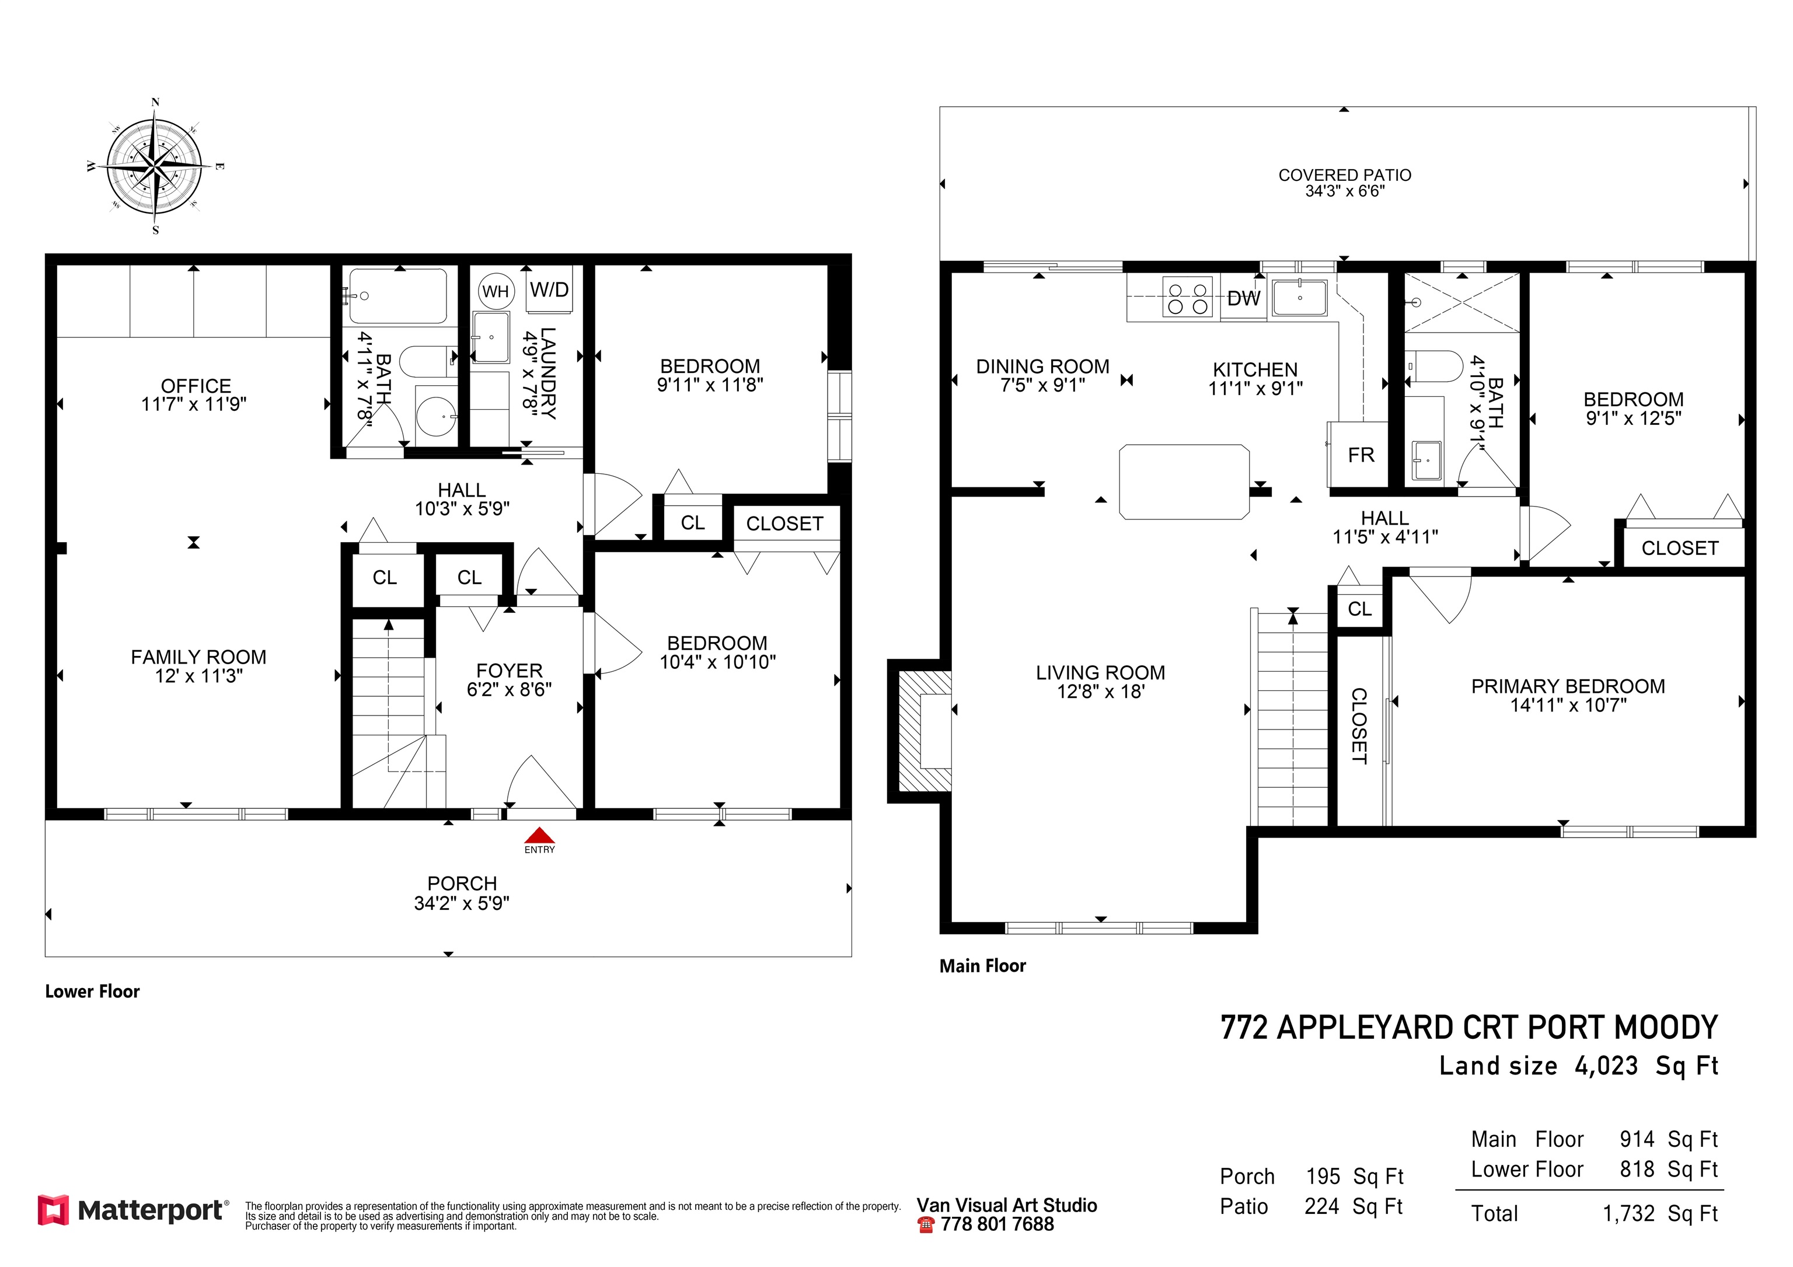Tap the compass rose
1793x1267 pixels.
pyautogui.click(x=155, y=166)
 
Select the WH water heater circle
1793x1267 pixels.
pyautogui.click(x=495, y=291)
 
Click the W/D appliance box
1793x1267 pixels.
pyautogui.click(x=549, y=289)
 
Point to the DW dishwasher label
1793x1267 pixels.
pyautogui.click(x=1243, y=298)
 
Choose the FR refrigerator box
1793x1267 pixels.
pyautogui.click(x=1358, y=453)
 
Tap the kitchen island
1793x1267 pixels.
pyautogui.click(x=1184, y=481)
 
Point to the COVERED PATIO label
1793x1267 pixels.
pyautogui.click(x=1345, y=175)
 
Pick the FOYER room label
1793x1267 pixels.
pyautogui.click(x=509, y=671)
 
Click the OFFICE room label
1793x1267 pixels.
pyautogui.click(x=196, y=386)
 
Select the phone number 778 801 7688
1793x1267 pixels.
pyautogui.click(x=997, y=1224)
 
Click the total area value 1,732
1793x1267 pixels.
pyautogui.click(x=1629, y=1213)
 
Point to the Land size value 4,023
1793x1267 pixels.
pyautogui.click(x=1606, y=1066)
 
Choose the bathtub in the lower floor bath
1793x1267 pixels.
pyautogui.click(x=398, y=296)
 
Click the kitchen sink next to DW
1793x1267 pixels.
pyautogui.click(x=1299, y=298)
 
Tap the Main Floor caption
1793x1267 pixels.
pyautogui.click(x=982, y=966)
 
